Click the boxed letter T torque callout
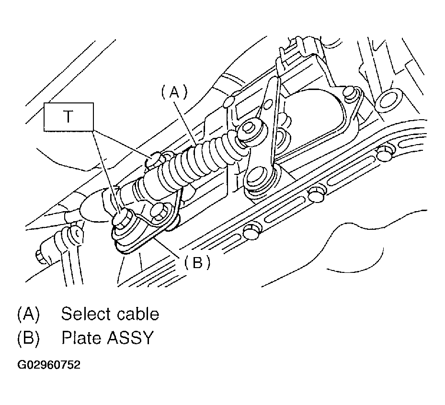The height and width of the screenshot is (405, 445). point(69,117)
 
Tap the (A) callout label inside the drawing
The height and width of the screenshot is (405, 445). point(173,92)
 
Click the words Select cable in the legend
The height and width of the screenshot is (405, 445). point(110,315)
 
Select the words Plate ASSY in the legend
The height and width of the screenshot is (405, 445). point(107,338)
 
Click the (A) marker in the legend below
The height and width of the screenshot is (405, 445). point(28,315)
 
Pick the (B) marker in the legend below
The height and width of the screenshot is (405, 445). point(28,338)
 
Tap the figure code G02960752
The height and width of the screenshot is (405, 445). point(49,365)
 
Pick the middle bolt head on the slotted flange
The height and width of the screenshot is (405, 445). point(314,195)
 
